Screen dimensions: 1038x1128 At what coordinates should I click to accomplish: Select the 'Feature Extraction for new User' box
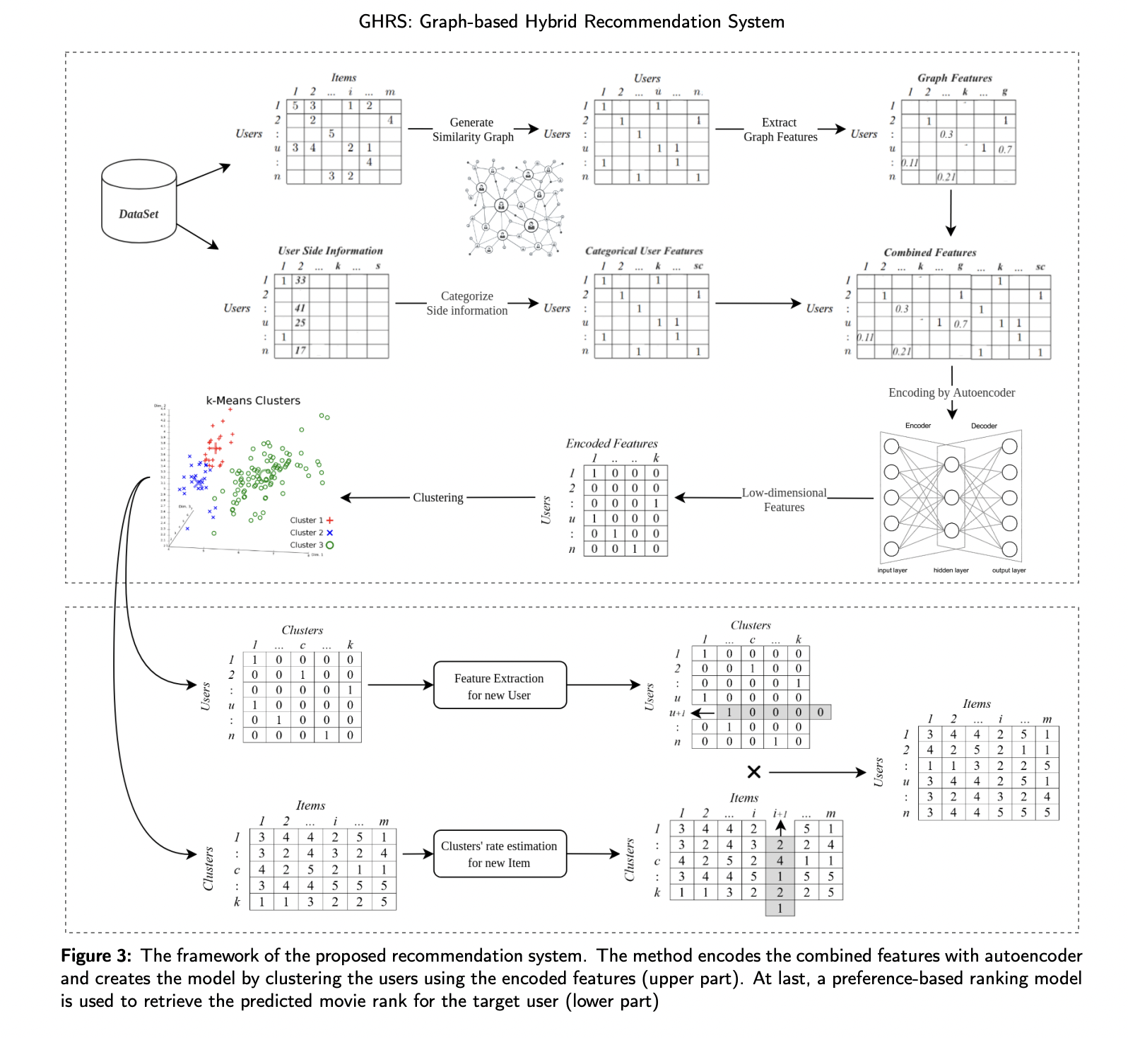coord(499,686)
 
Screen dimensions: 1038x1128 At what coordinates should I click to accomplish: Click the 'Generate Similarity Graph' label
coord(472,129)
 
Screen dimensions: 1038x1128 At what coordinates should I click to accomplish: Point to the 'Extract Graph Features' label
coord(780,129)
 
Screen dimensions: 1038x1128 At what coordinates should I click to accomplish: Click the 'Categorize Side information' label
coord(466,303)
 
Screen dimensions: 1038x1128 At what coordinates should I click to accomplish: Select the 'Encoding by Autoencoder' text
coord(951,392)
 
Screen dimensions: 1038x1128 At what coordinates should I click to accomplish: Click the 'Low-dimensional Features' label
coord(784,500)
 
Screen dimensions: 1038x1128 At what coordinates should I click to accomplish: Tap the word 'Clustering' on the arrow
coord(438,498)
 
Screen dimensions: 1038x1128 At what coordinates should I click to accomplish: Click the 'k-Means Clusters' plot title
coord(253,400)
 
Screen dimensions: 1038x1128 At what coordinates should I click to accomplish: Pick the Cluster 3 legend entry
coord(311,545)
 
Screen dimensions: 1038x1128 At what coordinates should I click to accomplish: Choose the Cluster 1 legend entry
coord(311,520)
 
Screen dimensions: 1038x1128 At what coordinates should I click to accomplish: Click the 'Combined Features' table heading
coord(929,252)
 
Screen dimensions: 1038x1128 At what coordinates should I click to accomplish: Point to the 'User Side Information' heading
coord(330,251)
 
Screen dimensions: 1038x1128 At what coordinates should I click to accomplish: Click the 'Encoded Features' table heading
coord(611,443)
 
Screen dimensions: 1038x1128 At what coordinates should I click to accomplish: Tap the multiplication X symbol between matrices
coord(754,771)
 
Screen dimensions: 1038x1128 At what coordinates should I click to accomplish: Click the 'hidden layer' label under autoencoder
coord(951,571)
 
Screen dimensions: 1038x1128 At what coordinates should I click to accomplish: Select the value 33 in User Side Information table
coord(300,281)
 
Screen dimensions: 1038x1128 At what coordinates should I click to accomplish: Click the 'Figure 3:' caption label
coord(96,956)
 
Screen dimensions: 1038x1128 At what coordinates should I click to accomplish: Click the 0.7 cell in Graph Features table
coord(1005,149)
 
